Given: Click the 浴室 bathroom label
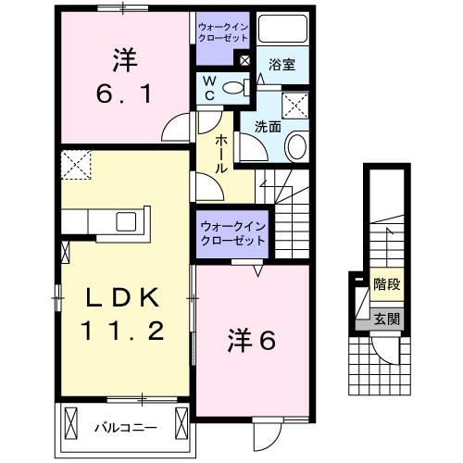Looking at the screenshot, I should pyautogui.click(x=282, y=65).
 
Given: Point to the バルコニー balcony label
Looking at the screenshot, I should pyautogui.click(x=124, y=427).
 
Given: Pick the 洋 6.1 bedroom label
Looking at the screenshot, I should pyautogui.click(x=121, y=79).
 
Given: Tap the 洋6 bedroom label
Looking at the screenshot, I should pyautogui.click(x=252, y=341).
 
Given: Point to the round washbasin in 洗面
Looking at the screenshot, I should pyautogui.click(x=298, y=144).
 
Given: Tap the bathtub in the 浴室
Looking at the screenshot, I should pyautogui.click(x=283, y=31).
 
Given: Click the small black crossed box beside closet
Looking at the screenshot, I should pyautogui.click(x=244, y=61).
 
